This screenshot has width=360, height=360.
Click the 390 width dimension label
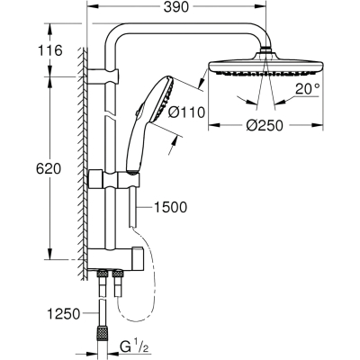(x=176, y=7)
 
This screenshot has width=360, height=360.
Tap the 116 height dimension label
(x=49, y=50)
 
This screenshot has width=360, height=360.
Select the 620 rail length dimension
(x=49, y=169)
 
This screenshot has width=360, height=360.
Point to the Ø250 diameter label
(x=265, y=125)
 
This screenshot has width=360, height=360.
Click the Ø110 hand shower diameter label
(x=186, y=112)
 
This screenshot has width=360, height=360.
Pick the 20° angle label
(x=308, y=89)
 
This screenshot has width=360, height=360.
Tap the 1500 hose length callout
(x=170, y=207)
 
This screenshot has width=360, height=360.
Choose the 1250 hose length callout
(x=64, y=314)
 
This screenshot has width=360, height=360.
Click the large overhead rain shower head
(x=265, y=65)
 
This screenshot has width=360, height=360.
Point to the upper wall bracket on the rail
(x=103, y=76)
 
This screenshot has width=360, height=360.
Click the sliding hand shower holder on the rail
(x=114, y=179)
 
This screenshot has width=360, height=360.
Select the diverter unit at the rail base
(x=115, y=259)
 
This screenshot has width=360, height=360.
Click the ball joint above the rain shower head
(x=265, y=50)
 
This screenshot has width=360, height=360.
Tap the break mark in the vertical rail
(x=110, y=115)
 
